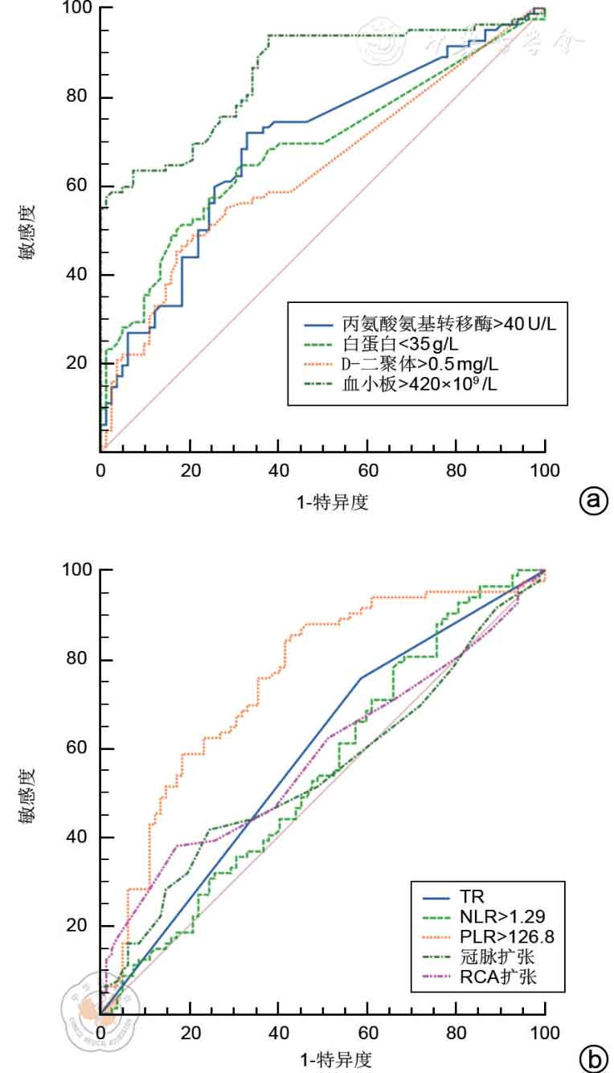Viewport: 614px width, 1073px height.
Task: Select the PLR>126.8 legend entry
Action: (496, 937)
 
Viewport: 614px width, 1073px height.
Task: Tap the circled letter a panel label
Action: (594, 501)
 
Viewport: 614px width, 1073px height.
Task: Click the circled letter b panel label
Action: (594, 1060)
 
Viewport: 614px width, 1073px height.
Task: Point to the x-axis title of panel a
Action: (322, 502)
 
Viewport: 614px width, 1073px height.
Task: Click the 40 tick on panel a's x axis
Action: (279, 469)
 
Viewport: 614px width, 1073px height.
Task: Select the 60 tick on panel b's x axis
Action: (368, 1031)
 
